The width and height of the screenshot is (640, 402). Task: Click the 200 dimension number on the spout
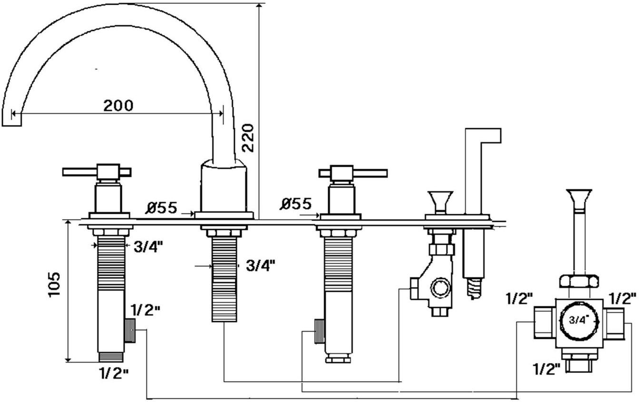click(118, 105)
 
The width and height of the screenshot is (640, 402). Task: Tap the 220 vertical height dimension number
click(249, 137)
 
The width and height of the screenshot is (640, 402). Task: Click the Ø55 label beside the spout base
click(161, 208)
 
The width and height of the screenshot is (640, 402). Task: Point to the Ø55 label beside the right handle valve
click(295, 204)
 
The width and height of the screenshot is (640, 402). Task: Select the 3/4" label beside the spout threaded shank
click(261, 266)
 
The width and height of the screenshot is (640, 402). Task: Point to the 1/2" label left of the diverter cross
click(519, 299)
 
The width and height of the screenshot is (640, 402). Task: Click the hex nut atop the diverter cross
click(578, 281)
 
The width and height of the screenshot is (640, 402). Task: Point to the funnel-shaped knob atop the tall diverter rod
click(579, 197)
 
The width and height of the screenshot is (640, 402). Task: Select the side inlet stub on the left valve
click(130, 330)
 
